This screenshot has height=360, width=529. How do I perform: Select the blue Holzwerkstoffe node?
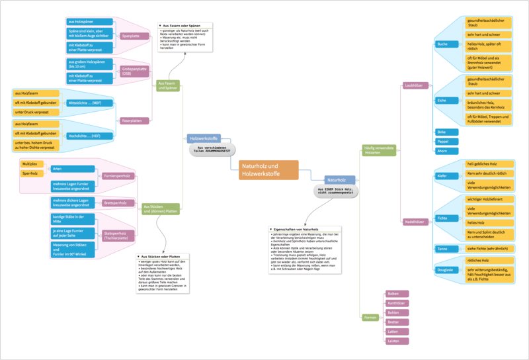(x=204, y=139)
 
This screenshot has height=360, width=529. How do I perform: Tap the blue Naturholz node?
(x=340, y=179)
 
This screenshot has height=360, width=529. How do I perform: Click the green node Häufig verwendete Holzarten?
(x=380, y=150)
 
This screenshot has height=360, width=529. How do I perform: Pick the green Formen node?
(x=370, y=318)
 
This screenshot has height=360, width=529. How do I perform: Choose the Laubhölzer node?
(x=414, y=85)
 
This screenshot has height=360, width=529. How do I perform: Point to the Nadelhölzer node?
(x=414, y=222)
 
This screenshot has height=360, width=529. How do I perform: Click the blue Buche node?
(x=442, y=44)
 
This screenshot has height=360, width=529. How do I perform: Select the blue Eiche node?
(x=442, y=100)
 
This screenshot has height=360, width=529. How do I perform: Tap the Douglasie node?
(x=445, y=270)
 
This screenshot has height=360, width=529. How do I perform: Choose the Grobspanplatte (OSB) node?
(x=134, y=72)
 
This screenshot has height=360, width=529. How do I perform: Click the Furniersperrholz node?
(x=118, y=176)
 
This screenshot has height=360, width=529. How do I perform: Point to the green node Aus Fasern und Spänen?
(x=167, y=85)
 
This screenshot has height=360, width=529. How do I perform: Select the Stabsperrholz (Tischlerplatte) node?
(x=118, y=235)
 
